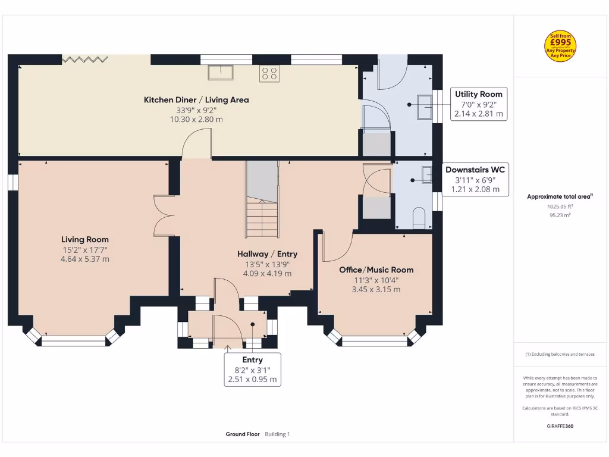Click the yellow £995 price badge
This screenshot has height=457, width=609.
click(560, 46)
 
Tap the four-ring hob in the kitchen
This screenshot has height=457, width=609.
click(269, 73)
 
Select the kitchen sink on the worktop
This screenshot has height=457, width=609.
click(220, 72)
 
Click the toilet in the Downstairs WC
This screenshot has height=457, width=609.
click(419, 217)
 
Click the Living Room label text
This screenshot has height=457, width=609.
click(85, 240)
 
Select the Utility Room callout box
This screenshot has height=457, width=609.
click(479, 104)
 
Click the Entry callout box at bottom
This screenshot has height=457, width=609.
click(252, 370)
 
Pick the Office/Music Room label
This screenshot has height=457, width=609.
click(376, 270)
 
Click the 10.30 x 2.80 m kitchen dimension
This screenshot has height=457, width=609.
click(196, 120)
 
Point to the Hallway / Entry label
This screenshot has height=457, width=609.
click(267, 254)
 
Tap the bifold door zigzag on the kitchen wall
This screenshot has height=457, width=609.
click(85, 59)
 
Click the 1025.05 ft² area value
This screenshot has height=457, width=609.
click(560, 207)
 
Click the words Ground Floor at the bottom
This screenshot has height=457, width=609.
click(243, 434)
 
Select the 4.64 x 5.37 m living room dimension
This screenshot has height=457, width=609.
click(85, 259)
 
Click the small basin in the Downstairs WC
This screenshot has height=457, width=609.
click(426, 174)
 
